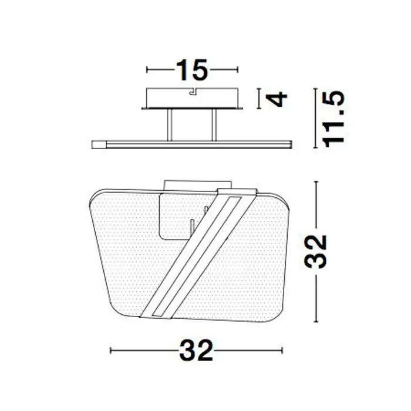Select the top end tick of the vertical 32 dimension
318,182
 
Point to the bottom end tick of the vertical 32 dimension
318,322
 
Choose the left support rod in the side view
170,124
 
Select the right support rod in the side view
215,124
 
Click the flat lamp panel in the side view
191,143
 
